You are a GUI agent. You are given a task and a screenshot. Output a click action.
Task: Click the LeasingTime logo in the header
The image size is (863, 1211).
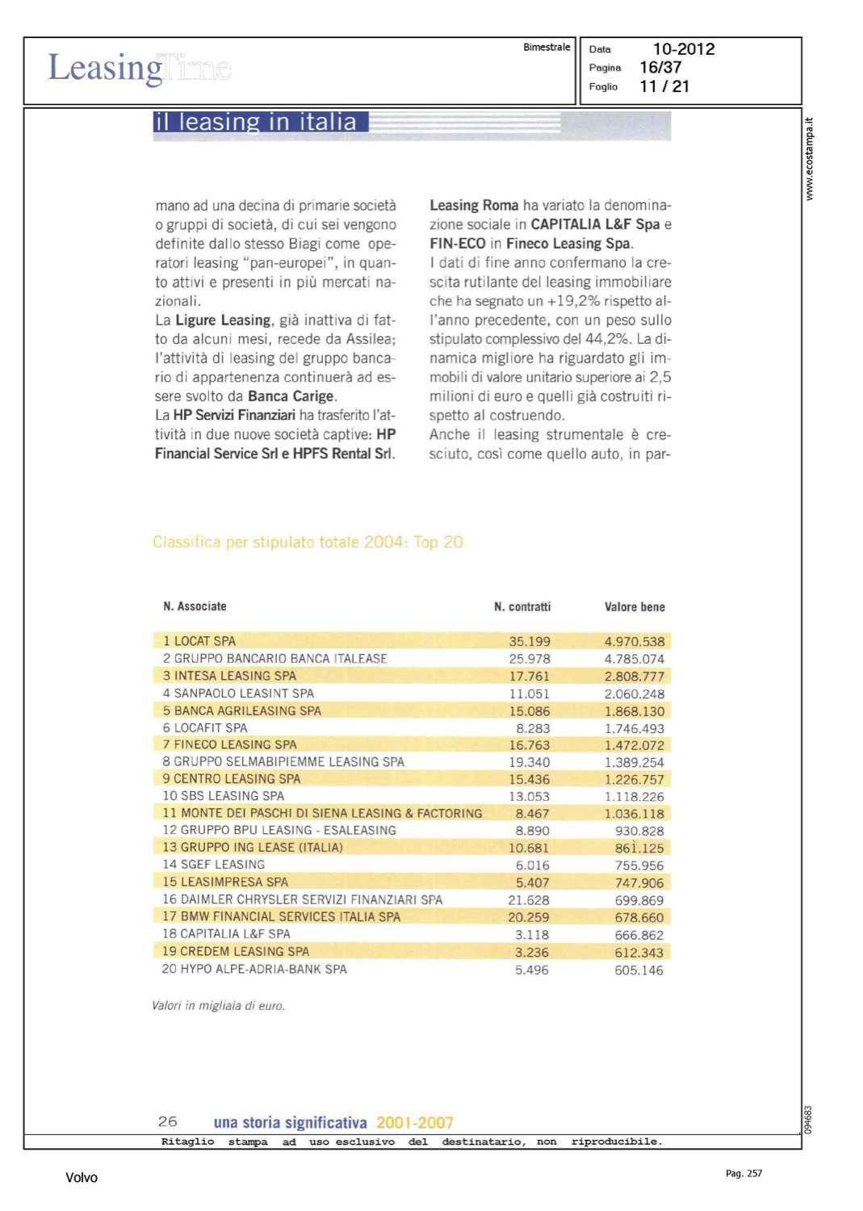[140, 69]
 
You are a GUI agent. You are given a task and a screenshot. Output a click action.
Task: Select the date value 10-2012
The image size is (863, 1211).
[684, 49]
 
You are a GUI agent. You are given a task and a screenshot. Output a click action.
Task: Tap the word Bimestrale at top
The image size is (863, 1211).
[547, 48]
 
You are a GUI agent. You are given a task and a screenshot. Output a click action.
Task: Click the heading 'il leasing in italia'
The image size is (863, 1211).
[255, 122]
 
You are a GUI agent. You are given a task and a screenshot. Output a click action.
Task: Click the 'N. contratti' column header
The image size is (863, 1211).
[522, 607]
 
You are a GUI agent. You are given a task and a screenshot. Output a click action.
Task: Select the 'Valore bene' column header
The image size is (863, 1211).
[635, 607]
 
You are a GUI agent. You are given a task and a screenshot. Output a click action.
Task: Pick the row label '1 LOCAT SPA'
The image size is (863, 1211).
[199, 641]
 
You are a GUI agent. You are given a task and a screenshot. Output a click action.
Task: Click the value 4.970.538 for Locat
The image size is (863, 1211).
[635, 642]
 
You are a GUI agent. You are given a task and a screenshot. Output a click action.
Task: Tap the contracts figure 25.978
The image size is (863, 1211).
[530, 659]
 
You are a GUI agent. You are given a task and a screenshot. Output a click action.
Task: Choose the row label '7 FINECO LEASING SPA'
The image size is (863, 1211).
[230, 744]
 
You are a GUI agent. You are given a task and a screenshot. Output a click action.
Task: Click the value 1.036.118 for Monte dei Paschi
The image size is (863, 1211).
[635, 814]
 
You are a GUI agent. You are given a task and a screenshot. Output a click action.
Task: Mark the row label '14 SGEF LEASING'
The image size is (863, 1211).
[214, 865]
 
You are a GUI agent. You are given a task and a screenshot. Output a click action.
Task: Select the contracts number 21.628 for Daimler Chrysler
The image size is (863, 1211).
[529, 900]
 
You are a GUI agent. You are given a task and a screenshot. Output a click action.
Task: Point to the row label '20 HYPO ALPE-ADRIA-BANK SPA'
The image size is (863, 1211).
[254, 969]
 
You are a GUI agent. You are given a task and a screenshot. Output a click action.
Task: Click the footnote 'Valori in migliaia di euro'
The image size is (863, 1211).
[218, 1006]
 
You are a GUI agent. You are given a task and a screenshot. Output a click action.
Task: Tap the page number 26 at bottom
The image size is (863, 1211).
[168, 1121]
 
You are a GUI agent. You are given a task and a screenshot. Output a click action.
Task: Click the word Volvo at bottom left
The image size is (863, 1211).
[82, 1178]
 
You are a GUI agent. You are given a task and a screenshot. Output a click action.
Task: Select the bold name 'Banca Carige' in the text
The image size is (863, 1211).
[291, 396]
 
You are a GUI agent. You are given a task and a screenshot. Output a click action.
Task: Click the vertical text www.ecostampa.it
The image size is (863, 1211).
[810, 159]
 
